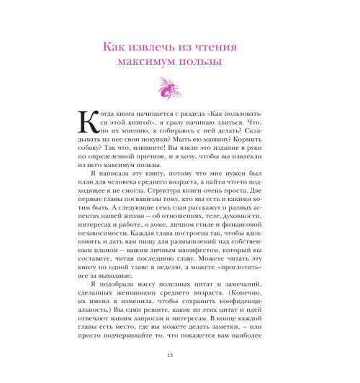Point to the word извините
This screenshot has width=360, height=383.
click(x=179, y=156)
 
